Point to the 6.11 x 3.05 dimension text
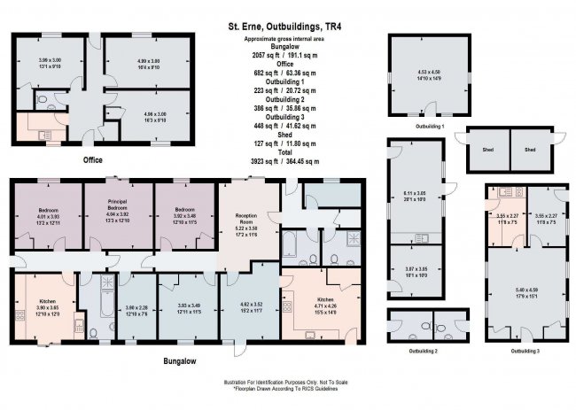click(x=416, y=192)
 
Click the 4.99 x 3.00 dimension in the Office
click(x=146, y=62)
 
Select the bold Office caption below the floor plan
click(x=93, y=159)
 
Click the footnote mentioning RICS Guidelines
click(x=283, y=388)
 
